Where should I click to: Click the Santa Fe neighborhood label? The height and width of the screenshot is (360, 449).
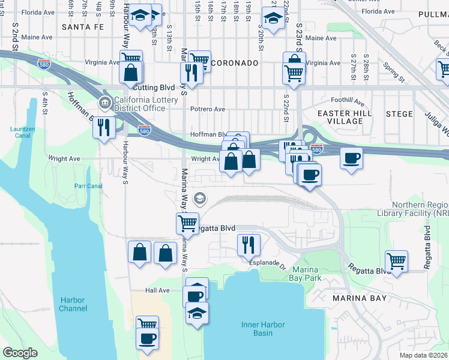[x=83, y=27]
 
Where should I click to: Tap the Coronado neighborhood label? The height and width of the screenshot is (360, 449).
[x=235, y=63]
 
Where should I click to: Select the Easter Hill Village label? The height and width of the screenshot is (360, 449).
[x=345, y=117]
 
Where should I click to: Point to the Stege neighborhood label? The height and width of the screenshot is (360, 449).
[x=399, y=113]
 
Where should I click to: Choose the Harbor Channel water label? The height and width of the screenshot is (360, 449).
[x=73, y=304]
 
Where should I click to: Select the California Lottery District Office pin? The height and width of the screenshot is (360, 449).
[x=106, y=104]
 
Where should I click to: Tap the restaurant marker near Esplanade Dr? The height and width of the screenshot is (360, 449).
[x=247, y=244]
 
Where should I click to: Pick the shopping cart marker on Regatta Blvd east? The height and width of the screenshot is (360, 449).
[x=396, y=261]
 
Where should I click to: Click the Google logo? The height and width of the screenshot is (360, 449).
[x=20, y=353]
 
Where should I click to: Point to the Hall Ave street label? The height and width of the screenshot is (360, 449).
[x=157, y=290]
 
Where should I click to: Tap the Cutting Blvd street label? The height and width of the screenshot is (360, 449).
[x=147, y=88]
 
